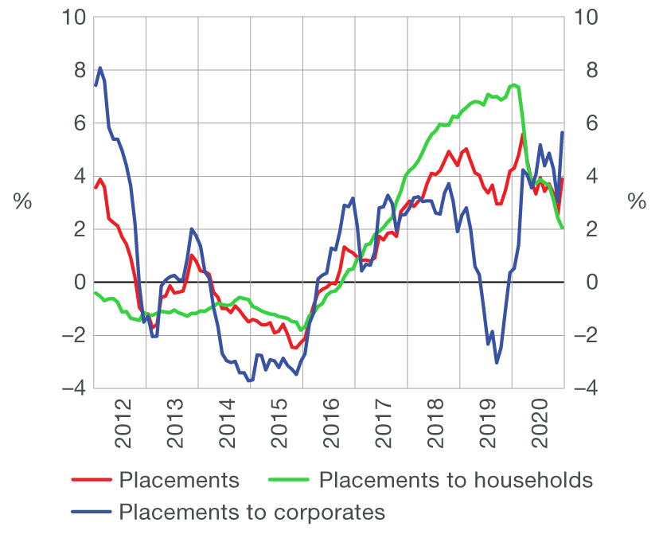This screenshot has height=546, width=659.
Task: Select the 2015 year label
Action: [x=279, y=429]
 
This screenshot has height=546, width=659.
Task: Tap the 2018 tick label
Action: [x=436, y=429]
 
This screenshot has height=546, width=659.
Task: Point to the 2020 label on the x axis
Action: [x=541, y=429]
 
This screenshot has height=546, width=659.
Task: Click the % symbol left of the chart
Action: [x=22, y=202]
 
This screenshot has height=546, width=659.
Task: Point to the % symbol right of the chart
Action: [x=637, y=202]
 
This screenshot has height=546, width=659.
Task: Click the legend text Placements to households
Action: [x=455, y=480]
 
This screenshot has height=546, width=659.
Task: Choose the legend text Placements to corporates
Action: [x=252, y=512]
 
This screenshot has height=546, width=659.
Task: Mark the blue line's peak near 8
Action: [x=100, y=68]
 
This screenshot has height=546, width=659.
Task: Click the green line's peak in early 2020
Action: [x=514, y=84]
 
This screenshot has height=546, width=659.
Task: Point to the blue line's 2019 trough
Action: [x=497, y=363]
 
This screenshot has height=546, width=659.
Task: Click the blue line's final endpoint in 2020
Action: [x=563, y=132]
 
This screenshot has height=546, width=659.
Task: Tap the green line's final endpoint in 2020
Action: [x=563, y=228]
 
